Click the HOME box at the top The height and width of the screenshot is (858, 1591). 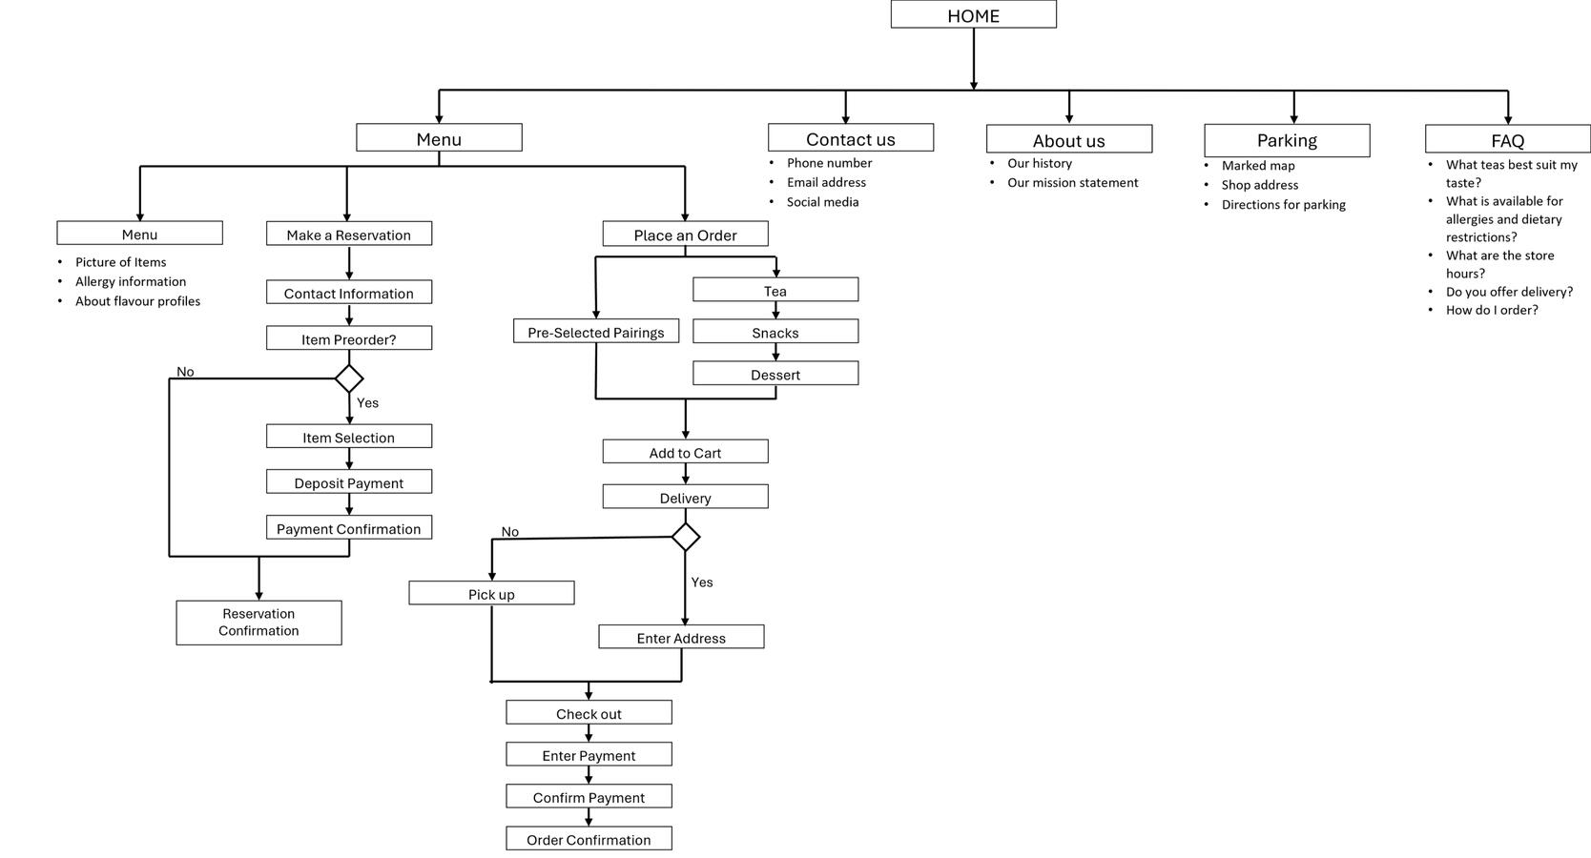tap(973, 14)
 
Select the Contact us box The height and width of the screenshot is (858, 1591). tap(850, 138)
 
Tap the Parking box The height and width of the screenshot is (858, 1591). tap(1286, 140)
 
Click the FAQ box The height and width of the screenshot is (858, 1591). tap(1507, 139)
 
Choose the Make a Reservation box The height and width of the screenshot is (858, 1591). tap(348, 234)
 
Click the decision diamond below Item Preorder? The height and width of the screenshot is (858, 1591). tap(349, 378)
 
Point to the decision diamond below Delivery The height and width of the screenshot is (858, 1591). tap(685, 537)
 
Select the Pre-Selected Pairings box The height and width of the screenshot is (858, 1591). tap(595, 332)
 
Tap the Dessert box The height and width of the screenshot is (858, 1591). tap(775, 374)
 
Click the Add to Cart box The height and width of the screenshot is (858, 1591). tap(685, 452)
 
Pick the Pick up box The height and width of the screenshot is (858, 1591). tap(491, 593)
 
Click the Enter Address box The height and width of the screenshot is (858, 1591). tap(681, 637)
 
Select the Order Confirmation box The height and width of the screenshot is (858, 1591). tap(589, 839)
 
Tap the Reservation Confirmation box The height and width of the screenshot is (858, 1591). tap(258, 623)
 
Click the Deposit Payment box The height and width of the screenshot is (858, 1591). tap(348, 482)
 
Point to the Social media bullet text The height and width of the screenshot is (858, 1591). tap(822, 202)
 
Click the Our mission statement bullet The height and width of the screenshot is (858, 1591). tap(1072, 183)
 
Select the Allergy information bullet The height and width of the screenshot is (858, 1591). tap(131, 281)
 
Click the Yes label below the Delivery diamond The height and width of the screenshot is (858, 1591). tap(702, 582)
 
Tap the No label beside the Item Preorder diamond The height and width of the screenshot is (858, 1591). tap(185, 372)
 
